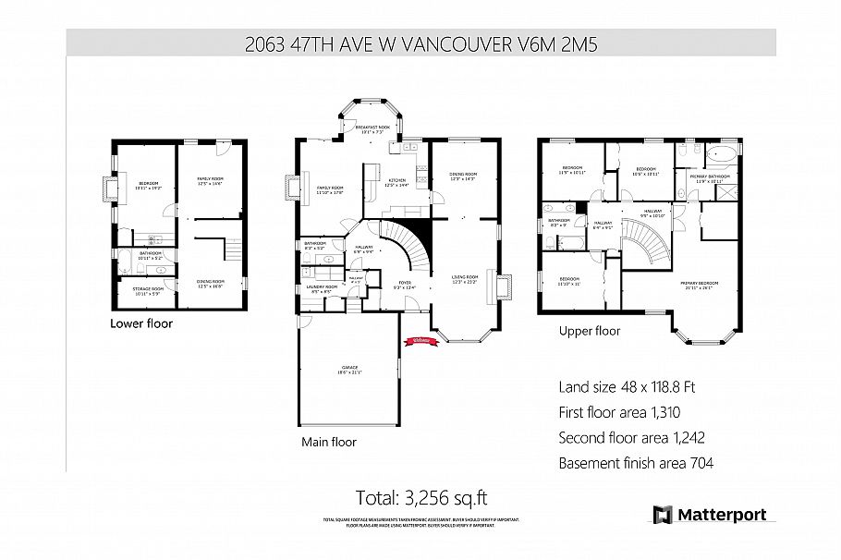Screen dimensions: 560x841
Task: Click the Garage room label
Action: pos(347,370)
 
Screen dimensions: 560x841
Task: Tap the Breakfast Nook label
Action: pos(373,128)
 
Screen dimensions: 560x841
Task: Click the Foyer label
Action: pos(405,286)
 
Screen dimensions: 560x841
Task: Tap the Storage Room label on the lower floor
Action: pos(148,291)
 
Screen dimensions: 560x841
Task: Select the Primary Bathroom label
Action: pos(713,177)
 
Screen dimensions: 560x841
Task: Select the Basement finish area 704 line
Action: pos(636,463)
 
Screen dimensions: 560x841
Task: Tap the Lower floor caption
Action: pos(141,323)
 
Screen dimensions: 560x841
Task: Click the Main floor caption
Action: pos(329,442)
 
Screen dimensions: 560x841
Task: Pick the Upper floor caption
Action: pos(590,330)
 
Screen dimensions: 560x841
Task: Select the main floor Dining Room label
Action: pos(463,176)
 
